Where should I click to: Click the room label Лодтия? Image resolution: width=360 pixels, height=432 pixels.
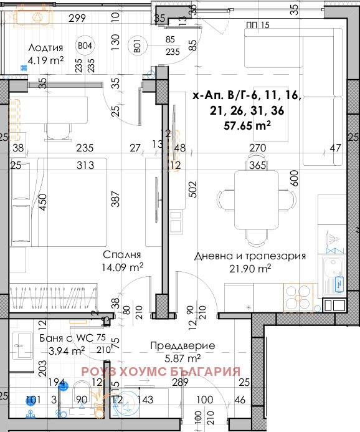coord(46,47)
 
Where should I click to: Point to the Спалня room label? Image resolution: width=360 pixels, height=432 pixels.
coord(122,255)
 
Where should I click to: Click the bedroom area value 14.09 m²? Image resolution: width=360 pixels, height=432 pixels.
coord(123,267)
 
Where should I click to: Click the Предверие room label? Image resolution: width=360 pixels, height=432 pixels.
coord(182,345)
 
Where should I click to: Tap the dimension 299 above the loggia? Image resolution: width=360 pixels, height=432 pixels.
coord(77,18)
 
